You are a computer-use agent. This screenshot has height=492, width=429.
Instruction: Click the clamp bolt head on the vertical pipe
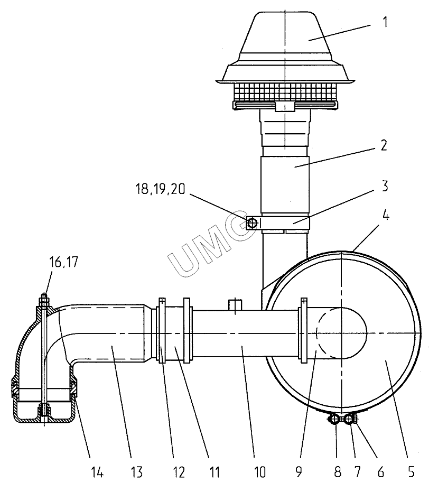click(252, 224)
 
